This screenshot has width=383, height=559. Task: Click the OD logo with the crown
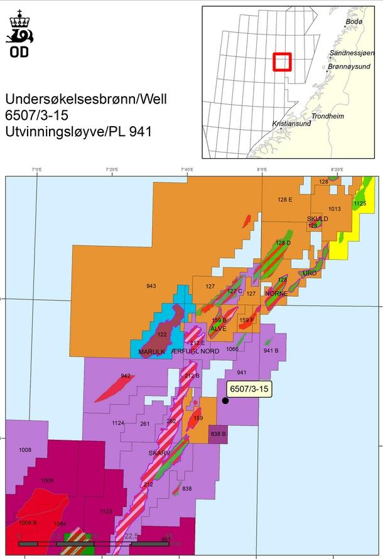click(19, 35)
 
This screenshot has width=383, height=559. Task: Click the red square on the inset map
click(282, 61)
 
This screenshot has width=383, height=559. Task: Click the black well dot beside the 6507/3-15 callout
click(225, 400)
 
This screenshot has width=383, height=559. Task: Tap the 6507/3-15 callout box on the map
click(249, 390)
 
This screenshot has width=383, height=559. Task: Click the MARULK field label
click(151, 352)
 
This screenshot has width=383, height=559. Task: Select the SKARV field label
click(159, 452)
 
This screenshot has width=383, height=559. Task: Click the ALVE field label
click(218, 328)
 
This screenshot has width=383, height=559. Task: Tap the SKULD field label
click(317, 219)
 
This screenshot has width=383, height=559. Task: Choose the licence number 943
click(151, 286)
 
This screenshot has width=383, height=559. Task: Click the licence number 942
click(126, 376)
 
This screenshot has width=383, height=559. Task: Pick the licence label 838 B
click(218, 434)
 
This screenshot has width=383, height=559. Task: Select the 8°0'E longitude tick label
click(261, 170)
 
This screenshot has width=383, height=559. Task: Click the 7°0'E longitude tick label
click(37, 170)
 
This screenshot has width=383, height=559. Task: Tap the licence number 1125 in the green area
click(360, 204)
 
